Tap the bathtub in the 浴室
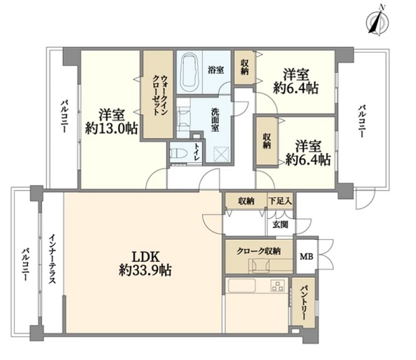click(189, 70)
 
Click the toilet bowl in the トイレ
click(176, 153)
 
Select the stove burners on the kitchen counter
click(278, 286)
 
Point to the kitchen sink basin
click(241, 286)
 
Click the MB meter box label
click(307, 256)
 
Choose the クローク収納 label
click(258, 251)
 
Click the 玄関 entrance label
click(281, 225)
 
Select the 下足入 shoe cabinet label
click(280, 201)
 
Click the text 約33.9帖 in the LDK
click(145, 270)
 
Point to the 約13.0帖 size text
click(112, 128)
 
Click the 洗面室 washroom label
click(215, 120)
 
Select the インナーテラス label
click(52, 259)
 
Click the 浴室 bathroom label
click(215, 70)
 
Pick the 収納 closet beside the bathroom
click(244, 67)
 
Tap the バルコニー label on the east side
click(361, 121)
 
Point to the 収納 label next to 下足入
click(246, 201)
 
